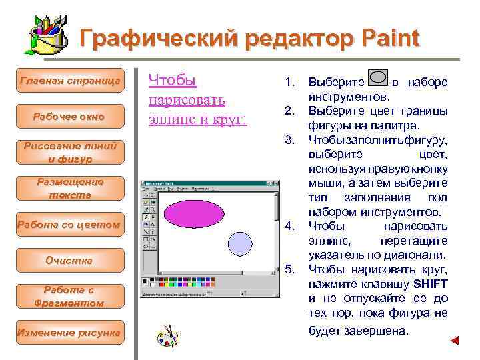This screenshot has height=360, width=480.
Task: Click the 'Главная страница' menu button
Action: point(70,81)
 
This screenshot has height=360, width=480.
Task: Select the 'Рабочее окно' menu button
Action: point(70,117)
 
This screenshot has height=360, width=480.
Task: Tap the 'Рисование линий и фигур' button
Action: point(70,153)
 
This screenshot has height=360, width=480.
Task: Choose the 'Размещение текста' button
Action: point(70,189)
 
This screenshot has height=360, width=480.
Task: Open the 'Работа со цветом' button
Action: point(70,225)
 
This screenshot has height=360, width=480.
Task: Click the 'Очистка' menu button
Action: point(70,260)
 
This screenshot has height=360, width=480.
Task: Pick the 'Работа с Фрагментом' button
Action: point(70,296)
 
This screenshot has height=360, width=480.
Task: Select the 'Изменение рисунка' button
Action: point(70,332)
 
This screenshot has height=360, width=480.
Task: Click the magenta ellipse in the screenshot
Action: point(194,212)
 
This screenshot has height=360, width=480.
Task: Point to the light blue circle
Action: point(239,243)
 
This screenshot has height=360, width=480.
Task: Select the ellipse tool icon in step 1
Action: point(378,77)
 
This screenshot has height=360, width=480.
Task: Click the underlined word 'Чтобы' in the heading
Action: point(172,81)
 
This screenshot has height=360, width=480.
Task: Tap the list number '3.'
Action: point(289,139)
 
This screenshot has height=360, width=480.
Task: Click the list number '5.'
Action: point(289,269)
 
